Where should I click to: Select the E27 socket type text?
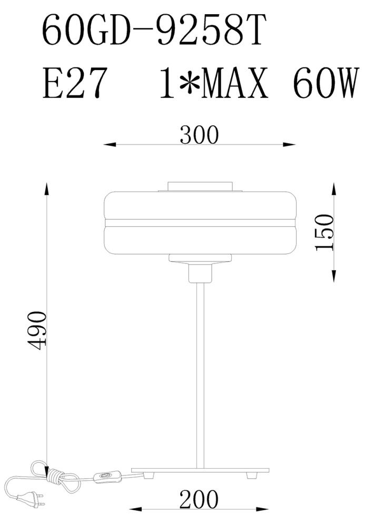(x=75, y=82)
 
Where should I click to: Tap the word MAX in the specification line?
(x=236, y=82)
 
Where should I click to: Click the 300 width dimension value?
(x=199, y=135)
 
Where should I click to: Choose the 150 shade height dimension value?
(x=325, y=232)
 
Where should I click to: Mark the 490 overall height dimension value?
(x=36, y=330)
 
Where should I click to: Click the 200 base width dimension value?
(x=199, y=499)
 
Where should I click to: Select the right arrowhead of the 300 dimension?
(x=289, y=145)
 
